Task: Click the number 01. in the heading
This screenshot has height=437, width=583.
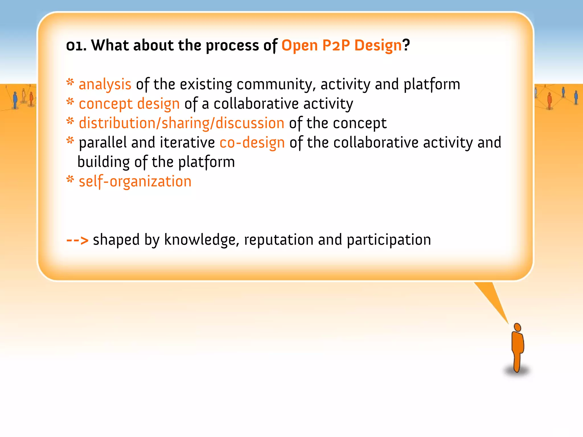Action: point(76,46)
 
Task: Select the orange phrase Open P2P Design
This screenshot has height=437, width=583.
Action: point(341,46)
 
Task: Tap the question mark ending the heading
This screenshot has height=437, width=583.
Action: point(406,45)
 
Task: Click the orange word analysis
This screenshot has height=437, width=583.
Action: point(105,84)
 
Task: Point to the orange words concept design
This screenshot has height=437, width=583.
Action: point(129,104)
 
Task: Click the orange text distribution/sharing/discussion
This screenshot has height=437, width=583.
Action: point(181,123)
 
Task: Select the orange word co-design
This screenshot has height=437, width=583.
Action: point(252,143)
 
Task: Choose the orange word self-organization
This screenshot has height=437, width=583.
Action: point(135,182)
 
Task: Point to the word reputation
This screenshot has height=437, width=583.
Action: point(279,240)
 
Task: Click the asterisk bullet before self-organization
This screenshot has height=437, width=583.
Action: point(70,180)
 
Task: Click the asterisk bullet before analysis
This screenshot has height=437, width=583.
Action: point(70,83)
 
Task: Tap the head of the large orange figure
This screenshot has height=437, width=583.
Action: point(517,327)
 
